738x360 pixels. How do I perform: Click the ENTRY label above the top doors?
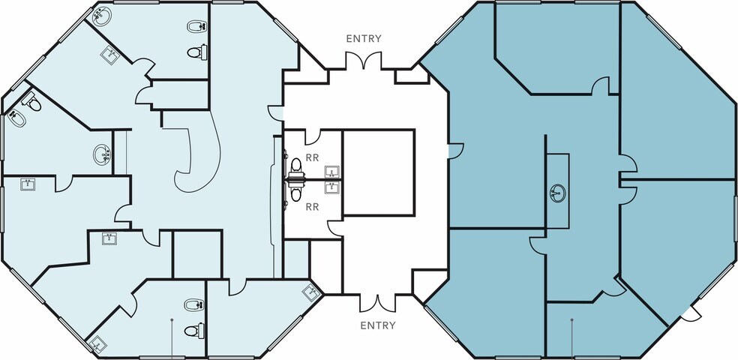click(x=363, y=38)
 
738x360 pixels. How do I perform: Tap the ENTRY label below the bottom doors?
click(x=377, y=325)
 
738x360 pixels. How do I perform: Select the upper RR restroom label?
click(x=312, y=158)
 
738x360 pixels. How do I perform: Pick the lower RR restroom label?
click(x=312, y=206)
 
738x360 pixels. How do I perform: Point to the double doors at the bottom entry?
click(x=377, y=303)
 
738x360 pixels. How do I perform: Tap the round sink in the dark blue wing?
click(x=558, y=193)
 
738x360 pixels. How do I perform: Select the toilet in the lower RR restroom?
click(x=295, y=191)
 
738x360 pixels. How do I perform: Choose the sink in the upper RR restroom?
click(x=332, y=172)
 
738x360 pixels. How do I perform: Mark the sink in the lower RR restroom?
click(x=332, y=187)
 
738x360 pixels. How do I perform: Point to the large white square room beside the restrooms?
click(x=379, y=172)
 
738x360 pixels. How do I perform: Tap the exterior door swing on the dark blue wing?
click(x=691, y=314)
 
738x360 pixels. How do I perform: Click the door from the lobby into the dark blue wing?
click(x=455, y=151)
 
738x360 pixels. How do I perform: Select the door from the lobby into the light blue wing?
click(x=276, y=113)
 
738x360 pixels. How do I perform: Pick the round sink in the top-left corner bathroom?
click(x=102, y=16)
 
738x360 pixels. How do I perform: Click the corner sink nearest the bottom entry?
click(x=311, y=292)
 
